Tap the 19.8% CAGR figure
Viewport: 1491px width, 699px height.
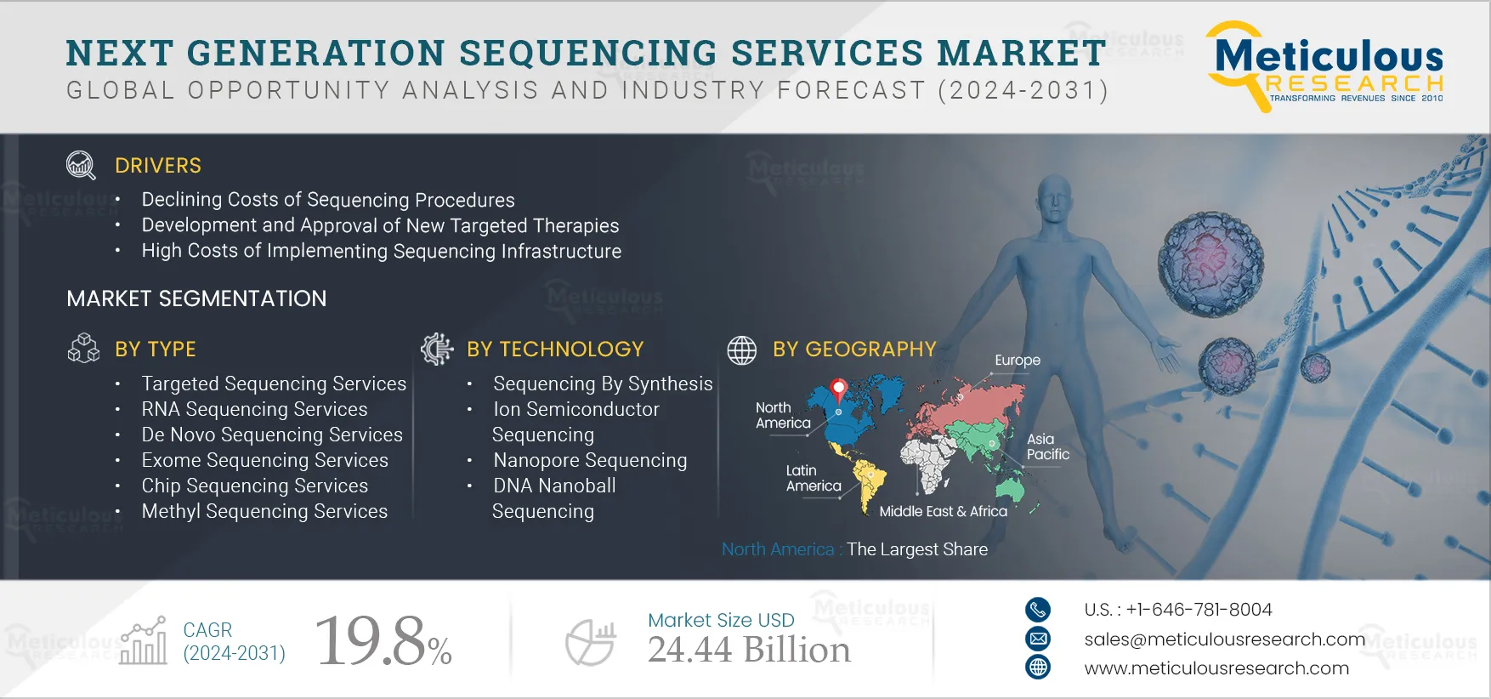coord(383,640)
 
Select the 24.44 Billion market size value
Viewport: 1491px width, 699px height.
coord(749,651)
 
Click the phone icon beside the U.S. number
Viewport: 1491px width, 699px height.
coord(1038,610)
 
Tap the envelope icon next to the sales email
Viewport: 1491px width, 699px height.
coord(1038,639)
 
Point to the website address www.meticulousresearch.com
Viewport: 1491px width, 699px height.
coord(1216,668)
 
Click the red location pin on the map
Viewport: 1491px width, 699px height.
coord(839,390)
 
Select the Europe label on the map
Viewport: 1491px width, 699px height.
coord(1018,361)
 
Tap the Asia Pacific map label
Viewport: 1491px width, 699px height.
coord(1047,446)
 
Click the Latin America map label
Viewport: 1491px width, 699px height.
coord(814,478)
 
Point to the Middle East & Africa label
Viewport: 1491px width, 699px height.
coord(943,511)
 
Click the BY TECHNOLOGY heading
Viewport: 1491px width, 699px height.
coord(555,349)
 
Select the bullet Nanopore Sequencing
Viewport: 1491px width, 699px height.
coord(590,460)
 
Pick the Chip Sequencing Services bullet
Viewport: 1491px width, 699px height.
coord(255,486)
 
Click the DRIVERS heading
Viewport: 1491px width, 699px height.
coord(158,166)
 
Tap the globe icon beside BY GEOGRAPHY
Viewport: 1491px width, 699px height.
coord(741,349)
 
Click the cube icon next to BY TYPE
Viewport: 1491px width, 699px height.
coord(83,348)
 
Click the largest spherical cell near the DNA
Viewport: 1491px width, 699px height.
coord(1211,264)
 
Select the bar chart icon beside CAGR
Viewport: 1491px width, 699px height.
coord(144,641)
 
